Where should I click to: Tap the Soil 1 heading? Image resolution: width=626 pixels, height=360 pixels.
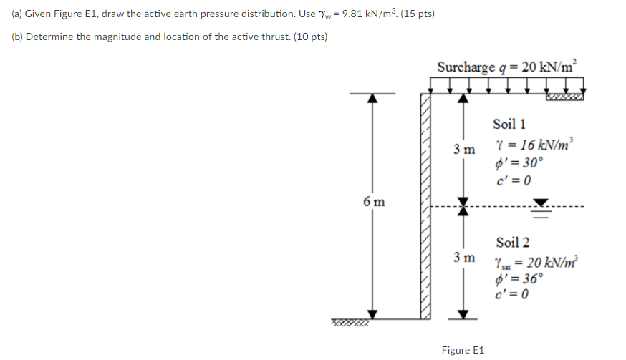click(x=509, y=125)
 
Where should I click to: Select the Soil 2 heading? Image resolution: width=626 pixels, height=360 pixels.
click(x=512, y=243)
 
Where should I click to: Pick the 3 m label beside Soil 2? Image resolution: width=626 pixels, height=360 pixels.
click(x=463, y=256)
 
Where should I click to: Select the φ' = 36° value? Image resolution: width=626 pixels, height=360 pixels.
click(x=520, y=278)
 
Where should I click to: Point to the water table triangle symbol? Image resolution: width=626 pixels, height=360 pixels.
click(x=543, y=203)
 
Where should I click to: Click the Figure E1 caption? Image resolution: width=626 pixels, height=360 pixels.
click(x=463, y=350)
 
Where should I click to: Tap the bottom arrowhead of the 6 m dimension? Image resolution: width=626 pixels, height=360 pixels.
click(x=371, y=313)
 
